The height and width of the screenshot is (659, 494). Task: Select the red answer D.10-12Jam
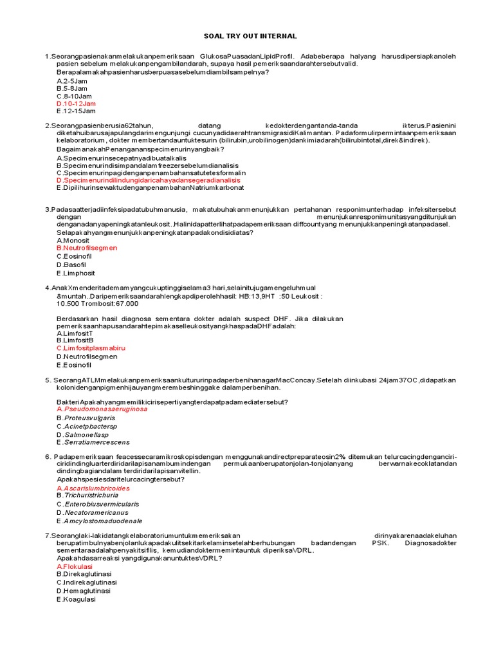[x=77, y=103]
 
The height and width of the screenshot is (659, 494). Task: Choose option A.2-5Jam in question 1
[x=72, y=81]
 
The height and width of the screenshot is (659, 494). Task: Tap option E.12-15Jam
[x=77, y=111]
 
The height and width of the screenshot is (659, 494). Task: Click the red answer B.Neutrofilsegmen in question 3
[x=87, y=248]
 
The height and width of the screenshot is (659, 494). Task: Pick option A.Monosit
[x=73, y=240]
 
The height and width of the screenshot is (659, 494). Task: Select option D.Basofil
[x=71, y=265]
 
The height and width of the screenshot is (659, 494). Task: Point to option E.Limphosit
[x=75, y=273]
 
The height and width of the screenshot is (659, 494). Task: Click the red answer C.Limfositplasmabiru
[x=91, y=348]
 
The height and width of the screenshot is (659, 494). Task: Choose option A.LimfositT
[x=75, y=333]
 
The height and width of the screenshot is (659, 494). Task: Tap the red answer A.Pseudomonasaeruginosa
[x=102, y=409]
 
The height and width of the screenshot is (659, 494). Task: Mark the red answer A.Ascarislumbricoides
[x=98, y=488]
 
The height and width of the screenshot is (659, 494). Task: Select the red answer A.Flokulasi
[x=75, y=566]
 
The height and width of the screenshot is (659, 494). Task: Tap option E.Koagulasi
[x=76, y=599]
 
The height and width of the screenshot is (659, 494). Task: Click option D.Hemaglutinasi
[x=84, y=591]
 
